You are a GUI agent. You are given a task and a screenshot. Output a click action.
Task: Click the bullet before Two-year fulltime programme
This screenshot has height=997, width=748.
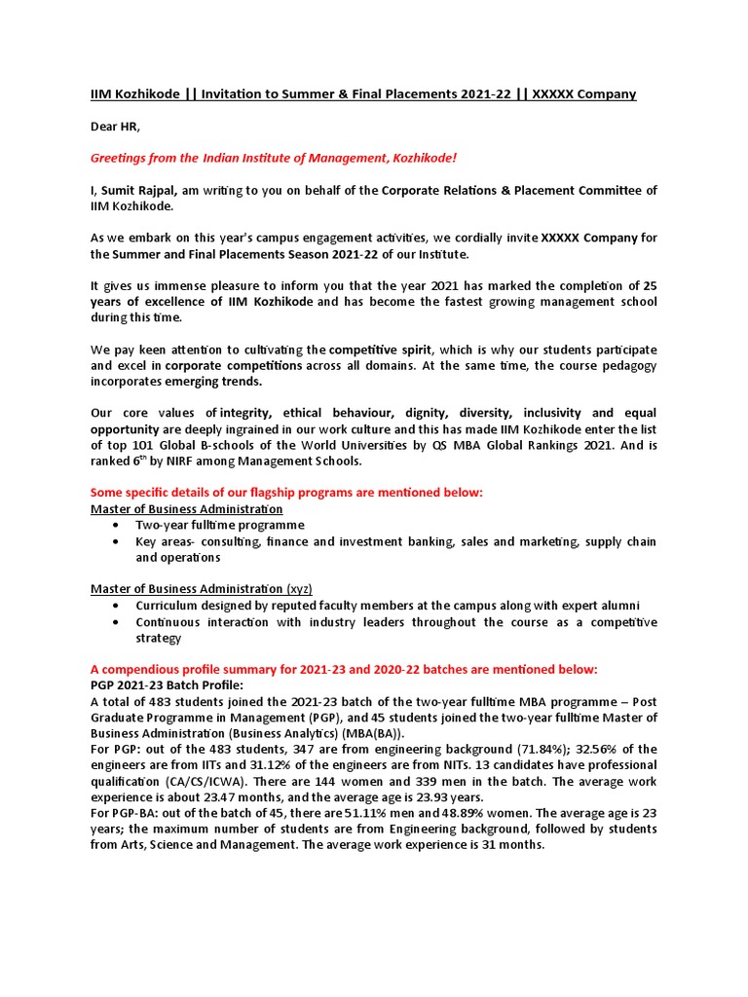(x=117, y=525)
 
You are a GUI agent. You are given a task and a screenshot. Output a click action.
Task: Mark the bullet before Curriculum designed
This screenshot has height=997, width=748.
(x=117, y=606)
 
